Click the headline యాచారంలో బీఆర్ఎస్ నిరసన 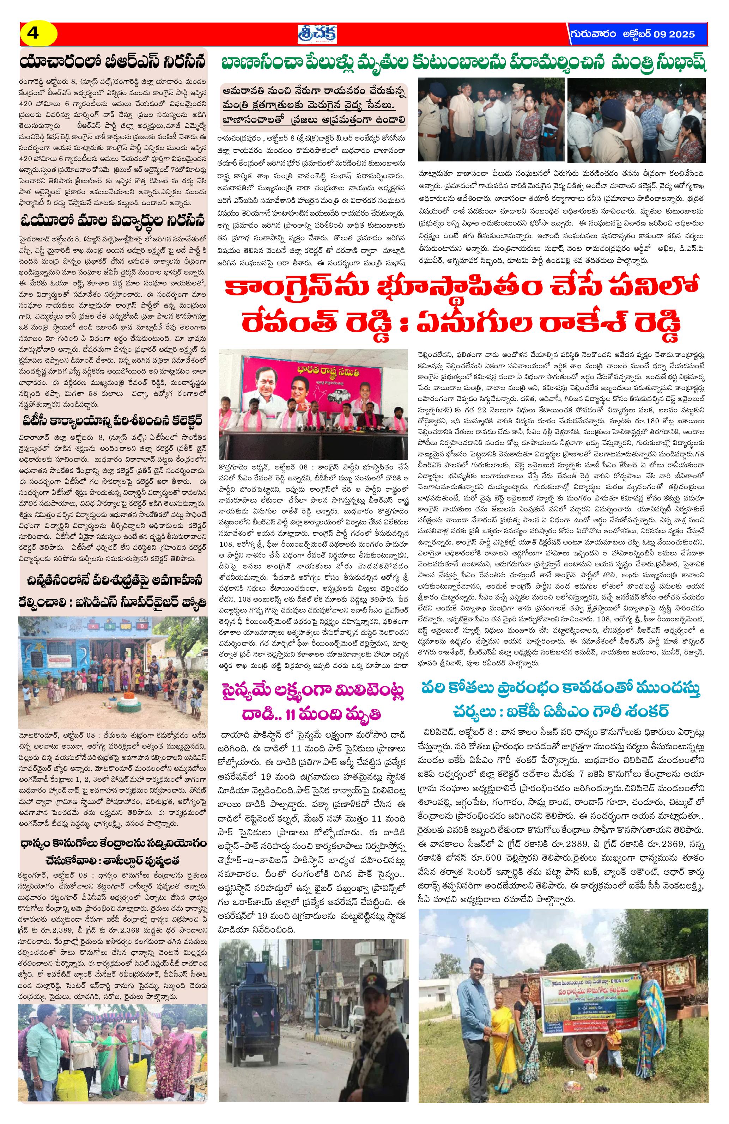tap(113, 62)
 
